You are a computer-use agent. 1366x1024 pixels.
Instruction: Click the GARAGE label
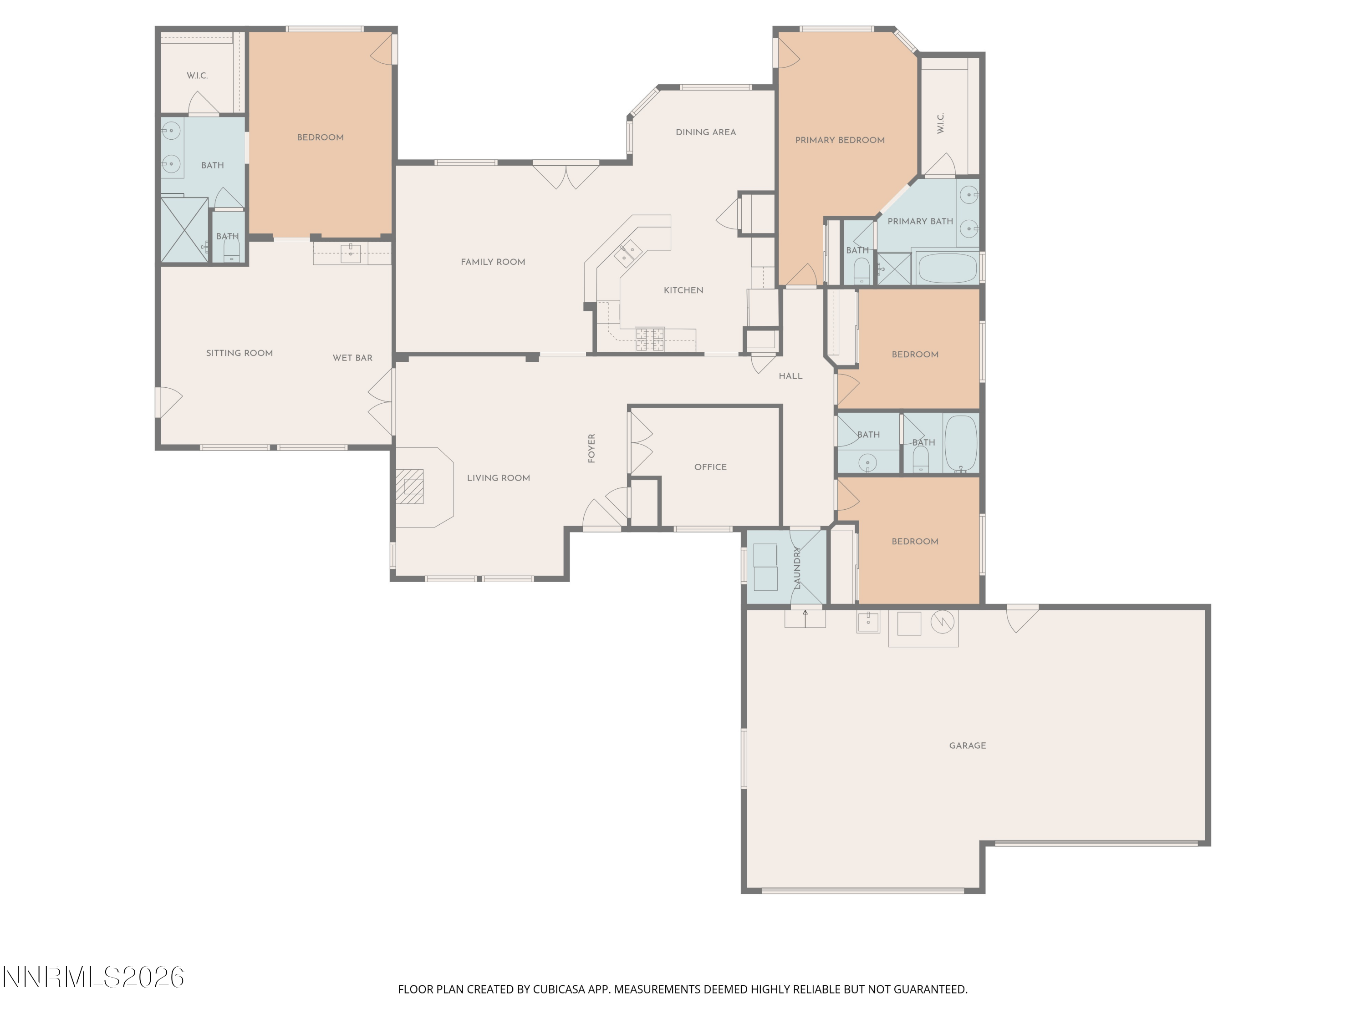[967, 745]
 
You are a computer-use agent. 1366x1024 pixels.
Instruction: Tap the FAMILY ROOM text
[493, 262]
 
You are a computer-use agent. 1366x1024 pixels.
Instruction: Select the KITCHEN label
[683, 290]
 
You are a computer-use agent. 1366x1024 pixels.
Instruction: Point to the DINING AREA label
[705, 132]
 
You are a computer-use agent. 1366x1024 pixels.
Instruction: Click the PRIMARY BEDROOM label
[839, 140]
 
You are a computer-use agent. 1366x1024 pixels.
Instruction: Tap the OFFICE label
[710, 467]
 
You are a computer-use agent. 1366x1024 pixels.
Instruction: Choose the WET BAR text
[352, 358]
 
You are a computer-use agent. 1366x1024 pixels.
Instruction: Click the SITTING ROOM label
[239, 353]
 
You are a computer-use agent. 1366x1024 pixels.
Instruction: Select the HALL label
[790, 376]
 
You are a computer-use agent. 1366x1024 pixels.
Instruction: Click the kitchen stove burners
[650, 340]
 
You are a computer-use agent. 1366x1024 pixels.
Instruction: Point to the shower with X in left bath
[184, 230]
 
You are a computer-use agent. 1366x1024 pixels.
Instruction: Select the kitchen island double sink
[628, 253]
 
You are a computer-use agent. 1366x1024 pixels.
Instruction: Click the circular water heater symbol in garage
[942, 622]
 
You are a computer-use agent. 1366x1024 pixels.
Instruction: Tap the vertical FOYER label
[591, 448]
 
